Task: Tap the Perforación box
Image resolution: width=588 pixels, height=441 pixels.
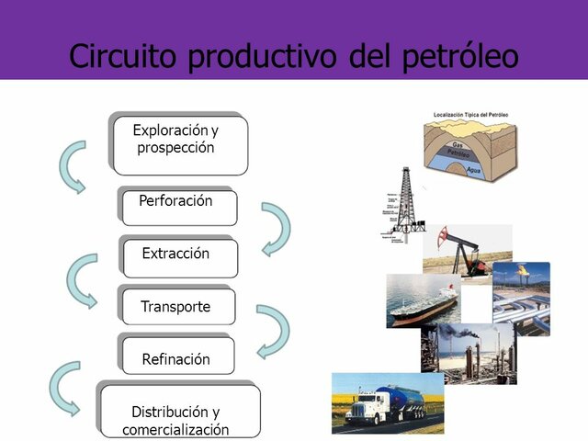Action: tap(178, 205)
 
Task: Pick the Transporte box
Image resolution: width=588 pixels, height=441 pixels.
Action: tap(177, 308)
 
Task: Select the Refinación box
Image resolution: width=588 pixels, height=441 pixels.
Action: tap(177, 358)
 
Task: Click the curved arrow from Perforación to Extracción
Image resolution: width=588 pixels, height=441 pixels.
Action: tap(276, 228)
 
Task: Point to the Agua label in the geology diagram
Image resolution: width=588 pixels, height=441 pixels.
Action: tap(475, 170)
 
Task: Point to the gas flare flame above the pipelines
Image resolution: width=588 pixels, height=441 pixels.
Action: tap(522, 272)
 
